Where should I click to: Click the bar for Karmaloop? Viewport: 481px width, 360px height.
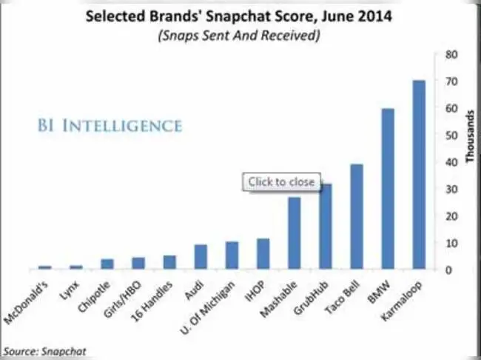pos(418,175)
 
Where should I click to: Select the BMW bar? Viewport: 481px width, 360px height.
pos(387,189)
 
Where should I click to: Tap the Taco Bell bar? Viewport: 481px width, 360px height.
pos(356,216)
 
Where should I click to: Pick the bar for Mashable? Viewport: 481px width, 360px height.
pos(294,233)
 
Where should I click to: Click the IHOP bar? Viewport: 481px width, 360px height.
pos(263,254)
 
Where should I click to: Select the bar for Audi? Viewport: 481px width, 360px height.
pos(201,257)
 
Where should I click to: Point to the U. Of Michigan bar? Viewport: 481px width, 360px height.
pos(232,256)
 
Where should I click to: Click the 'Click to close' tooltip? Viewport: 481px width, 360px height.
pos(281,181)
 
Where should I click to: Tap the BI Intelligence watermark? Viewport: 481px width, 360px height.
pos(109,126)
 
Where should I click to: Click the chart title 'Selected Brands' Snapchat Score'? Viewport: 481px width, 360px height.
pos(240,16)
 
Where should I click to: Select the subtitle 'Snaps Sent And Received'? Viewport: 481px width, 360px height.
pos(240,36)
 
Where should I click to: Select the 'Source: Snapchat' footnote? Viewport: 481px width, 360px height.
pos(36,350)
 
